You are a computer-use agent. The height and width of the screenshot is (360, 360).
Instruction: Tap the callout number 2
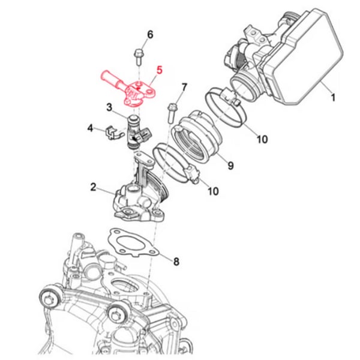pos(94,187)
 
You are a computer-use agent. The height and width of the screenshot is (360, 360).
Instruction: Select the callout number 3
pos(110,107)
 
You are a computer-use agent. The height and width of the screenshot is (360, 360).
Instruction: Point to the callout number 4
pos(90,128)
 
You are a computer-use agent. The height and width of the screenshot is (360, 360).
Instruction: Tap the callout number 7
pos(184,88)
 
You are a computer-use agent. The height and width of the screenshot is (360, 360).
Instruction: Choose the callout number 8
pos(176,261)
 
